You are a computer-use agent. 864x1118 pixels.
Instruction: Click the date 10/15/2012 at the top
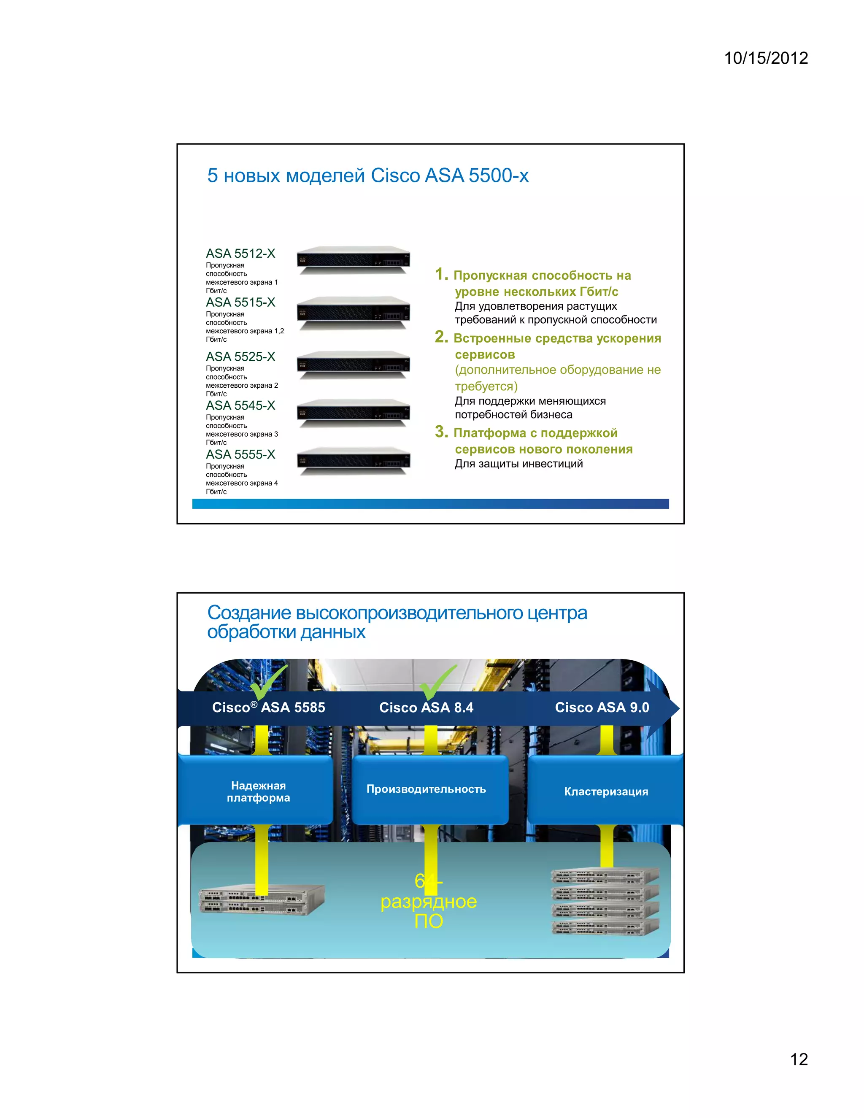coord(766,58)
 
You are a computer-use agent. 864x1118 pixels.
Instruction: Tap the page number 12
coord(799,1059)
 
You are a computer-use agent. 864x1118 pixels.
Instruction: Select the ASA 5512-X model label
coord(240,254)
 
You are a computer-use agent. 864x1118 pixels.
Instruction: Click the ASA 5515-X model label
coord(240,302)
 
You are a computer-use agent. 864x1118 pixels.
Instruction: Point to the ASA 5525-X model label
coord(240,356)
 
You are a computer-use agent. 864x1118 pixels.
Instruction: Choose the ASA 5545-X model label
coord(240,405)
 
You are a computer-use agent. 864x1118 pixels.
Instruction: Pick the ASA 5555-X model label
coord(240,454)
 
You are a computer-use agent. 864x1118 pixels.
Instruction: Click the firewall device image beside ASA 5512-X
coord(353,259)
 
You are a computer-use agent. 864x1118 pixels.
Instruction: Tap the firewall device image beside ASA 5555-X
coord(353,460)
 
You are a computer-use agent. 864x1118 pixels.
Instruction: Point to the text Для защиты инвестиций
coord(518,464)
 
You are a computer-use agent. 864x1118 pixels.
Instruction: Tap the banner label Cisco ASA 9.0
coord(602,708)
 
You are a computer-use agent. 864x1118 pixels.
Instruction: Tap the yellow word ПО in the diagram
coord(429,921)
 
